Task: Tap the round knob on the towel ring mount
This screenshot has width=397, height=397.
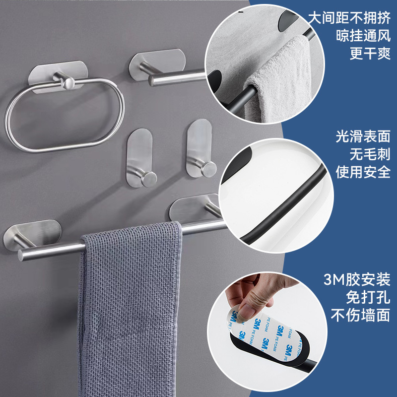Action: [x=68, y=83]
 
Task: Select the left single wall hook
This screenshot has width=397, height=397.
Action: [x=140, y=158]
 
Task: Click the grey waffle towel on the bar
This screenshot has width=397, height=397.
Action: [x=130, y=309]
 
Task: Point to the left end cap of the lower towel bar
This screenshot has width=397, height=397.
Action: [x=21, y=256]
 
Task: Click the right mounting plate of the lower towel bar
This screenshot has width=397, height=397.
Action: [x=194, y=207]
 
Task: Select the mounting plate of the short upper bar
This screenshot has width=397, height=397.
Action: [x=157, y=64]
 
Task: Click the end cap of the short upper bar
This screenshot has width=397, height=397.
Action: [x=152, y=81]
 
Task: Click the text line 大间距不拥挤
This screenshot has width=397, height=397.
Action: [x=349, y=18]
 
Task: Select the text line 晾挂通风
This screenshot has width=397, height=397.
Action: [x=363, y=36]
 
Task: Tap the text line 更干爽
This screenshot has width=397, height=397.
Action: [x=370, y=53]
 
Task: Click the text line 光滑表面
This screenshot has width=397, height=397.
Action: [x=363, y=136]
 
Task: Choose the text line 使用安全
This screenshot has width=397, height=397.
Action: [x=363, y=172]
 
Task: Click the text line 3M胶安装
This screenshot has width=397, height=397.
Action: [x=357, y=279]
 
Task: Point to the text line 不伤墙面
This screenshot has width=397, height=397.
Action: [x=360, y=315]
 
